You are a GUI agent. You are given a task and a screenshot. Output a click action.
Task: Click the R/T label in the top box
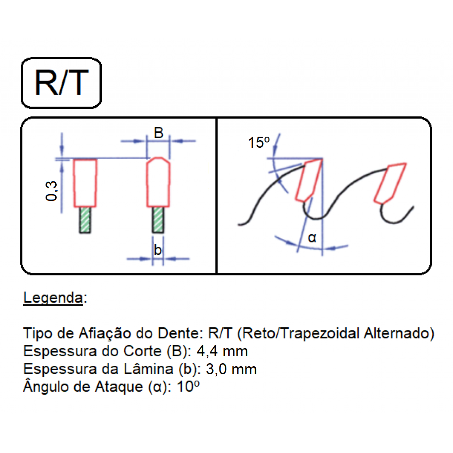pos(61,83)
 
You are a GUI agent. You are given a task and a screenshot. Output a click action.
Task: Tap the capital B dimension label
pos(159,133)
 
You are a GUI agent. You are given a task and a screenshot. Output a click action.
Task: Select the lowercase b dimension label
pos(157,250)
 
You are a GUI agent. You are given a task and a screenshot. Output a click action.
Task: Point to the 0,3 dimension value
pos(51,191)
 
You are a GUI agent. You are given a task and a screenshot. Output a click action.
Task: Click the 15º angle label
pos(259,142)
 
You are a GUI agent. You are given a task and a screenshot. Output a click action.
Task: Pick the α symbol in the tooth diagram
pos(312,238)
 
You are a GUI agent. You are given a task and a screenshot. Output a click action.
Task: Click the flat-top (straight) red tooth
pos(85,183)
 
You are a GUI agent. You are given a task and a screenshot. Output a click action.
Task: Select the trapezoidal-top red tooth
pos(158,182)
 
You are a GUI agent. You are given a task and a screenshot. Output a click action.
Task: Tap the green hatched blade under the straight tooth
pos(85,220)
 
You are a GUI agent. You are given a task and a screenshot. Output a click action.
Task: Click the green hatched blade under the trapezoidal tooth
pos(158,220)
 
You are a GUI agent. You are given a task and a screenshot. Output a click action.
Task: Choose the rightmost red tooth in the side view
pos(390,184)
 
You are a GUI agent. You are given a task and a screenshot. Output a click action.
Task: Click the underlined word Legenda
pos(53,298)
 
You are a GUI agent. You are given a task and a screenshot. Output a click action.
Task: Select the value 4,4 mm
pos(222,351)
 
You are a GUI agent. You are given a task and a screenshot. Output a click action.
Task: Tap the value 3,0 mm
pos(231,369)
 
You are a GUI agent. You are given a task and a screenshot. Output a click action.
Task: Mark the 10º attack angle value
pos(188,387)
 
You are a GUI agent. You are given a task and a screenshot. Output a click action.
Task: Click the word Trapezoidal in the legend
pos(320,334)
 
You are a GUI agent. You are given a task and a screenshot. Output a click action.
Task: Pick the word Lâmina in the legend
pos(149,369)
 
